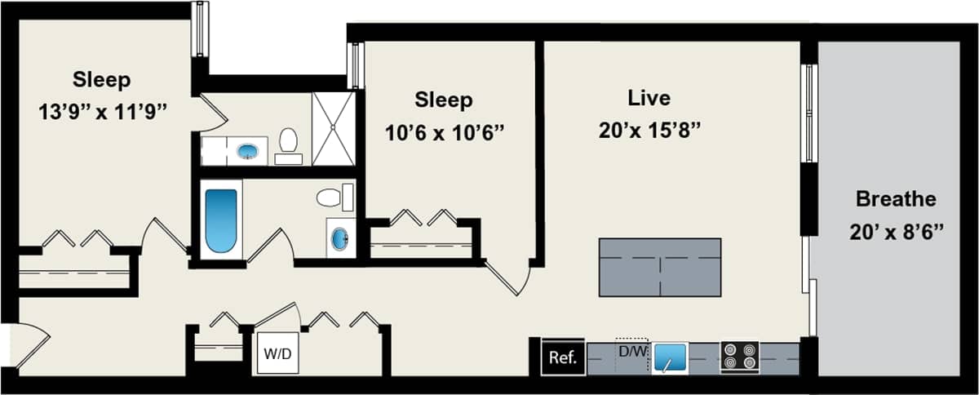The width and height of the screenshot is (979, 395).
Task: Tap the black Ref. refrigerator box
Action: tap(563, 357)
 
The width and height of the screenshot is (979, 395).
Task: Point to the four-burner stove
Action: tap(739, 357)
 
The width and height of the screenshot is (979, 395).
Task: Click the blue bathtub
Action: tap(221, 220)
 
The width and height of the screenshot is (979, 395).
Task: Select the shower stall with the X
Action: tap(334, 128)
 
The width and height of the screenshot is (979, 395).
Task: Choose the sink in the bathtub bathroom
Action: tap(339, 238)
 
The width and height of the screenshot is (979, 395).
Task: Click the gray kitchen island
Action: tap(660, 267)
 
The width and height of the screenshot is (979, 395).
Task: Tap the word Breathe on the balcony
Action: tap(895, 199)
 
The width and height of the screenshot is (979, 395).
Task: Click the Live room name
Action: tap(649, 98)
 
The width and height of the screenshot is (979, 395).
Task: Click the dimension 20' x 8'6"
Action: tap(895, 232)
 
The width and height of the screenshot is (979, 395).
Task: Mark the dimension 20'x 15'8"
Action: tap(649, 130)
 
